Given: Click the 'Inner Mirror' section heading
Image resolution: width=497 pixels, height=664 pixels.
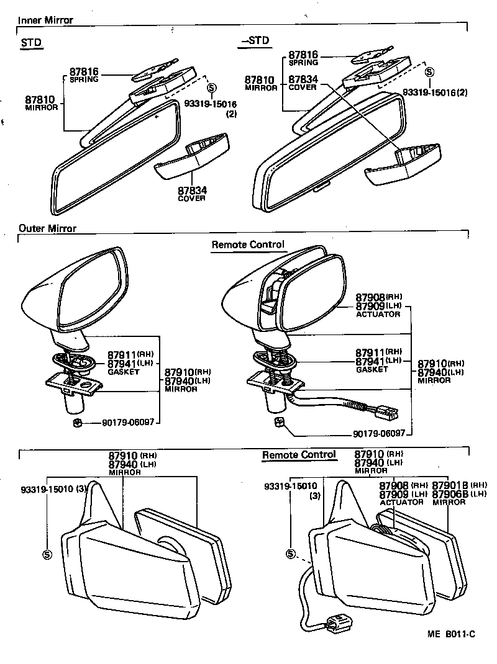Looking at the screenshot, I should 45,20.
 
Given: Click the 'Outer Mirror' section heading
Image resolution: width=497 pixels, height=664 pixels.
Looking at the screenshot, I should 47,228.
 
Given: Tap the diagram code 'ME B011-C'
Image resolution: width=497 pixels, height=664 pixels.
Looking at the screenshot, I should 450,634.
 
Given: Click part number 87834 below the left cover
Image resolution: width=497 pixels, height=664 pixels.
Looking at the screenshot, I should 192,191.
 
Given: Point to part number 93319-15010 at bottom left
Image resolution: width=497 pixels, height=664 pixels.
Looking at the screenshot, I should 47,488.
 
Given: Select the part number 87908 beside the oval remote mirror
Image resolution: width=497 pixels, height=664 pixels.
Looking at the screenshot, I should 370,298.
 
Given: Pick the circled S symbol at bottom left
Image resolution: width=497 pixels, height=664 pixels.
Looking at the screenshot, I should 47,554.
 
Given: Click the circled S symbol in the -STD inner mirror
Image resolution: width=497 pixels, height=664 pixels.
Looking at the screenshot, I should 429,72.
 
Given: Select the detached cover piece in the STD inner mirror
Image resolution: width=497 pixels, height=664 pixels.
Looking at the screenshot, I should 191,159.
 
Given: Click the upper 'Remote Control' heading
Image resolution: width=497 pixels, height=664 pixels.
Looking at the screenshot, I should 248,245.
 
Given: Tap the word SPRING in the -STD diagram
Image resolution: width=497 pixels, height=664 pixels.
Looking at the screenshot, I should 303,63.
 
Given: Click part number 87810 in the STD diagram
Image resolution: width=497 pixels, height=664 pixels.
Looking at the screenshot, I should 40,99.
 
